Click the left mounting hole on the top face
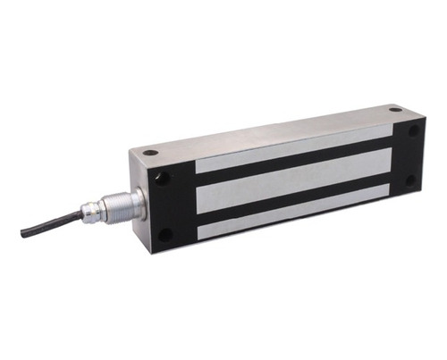(x=151, y=153)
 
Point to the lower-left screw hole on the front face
(x=165, y=235)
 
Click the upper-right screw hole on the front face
(x=413, y=130)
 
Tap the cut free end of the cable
(x=23, y=234)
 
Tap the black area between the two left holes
(x=165, y=207)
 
